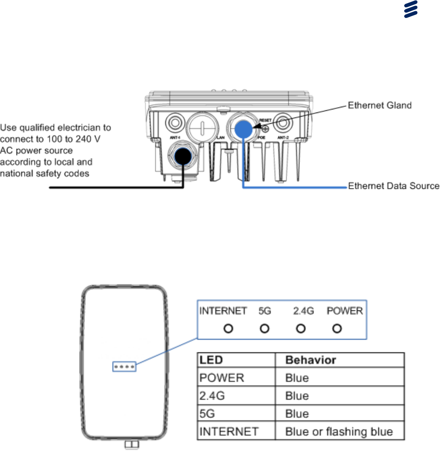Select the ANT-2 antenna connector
284,121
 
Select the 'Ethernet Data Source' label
394,186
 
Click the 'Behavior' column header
310,360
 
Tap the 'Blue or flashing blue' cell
339,432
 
